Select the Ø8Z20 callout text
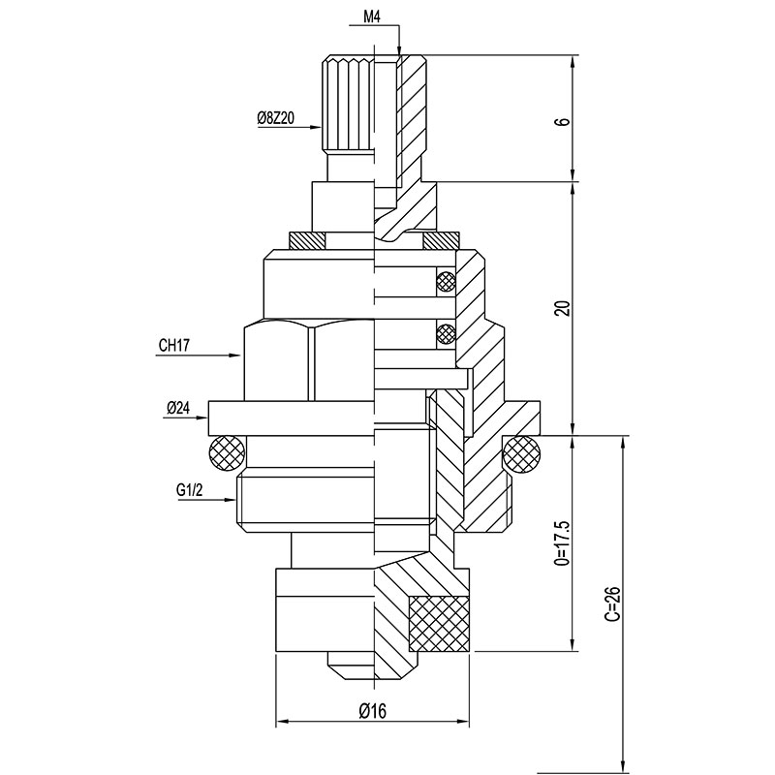(276, 118)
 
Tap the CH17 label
(174, 345)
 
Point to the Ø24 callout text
(178, 408)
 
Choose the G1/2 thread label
(190, 490)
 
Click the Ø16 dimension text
(373, 711)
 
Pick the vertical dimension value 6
(564, 122)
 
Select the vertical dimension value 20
(564, 308)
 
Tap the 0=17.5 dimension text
(564, 542)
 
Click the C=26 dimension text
(613, 604)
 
